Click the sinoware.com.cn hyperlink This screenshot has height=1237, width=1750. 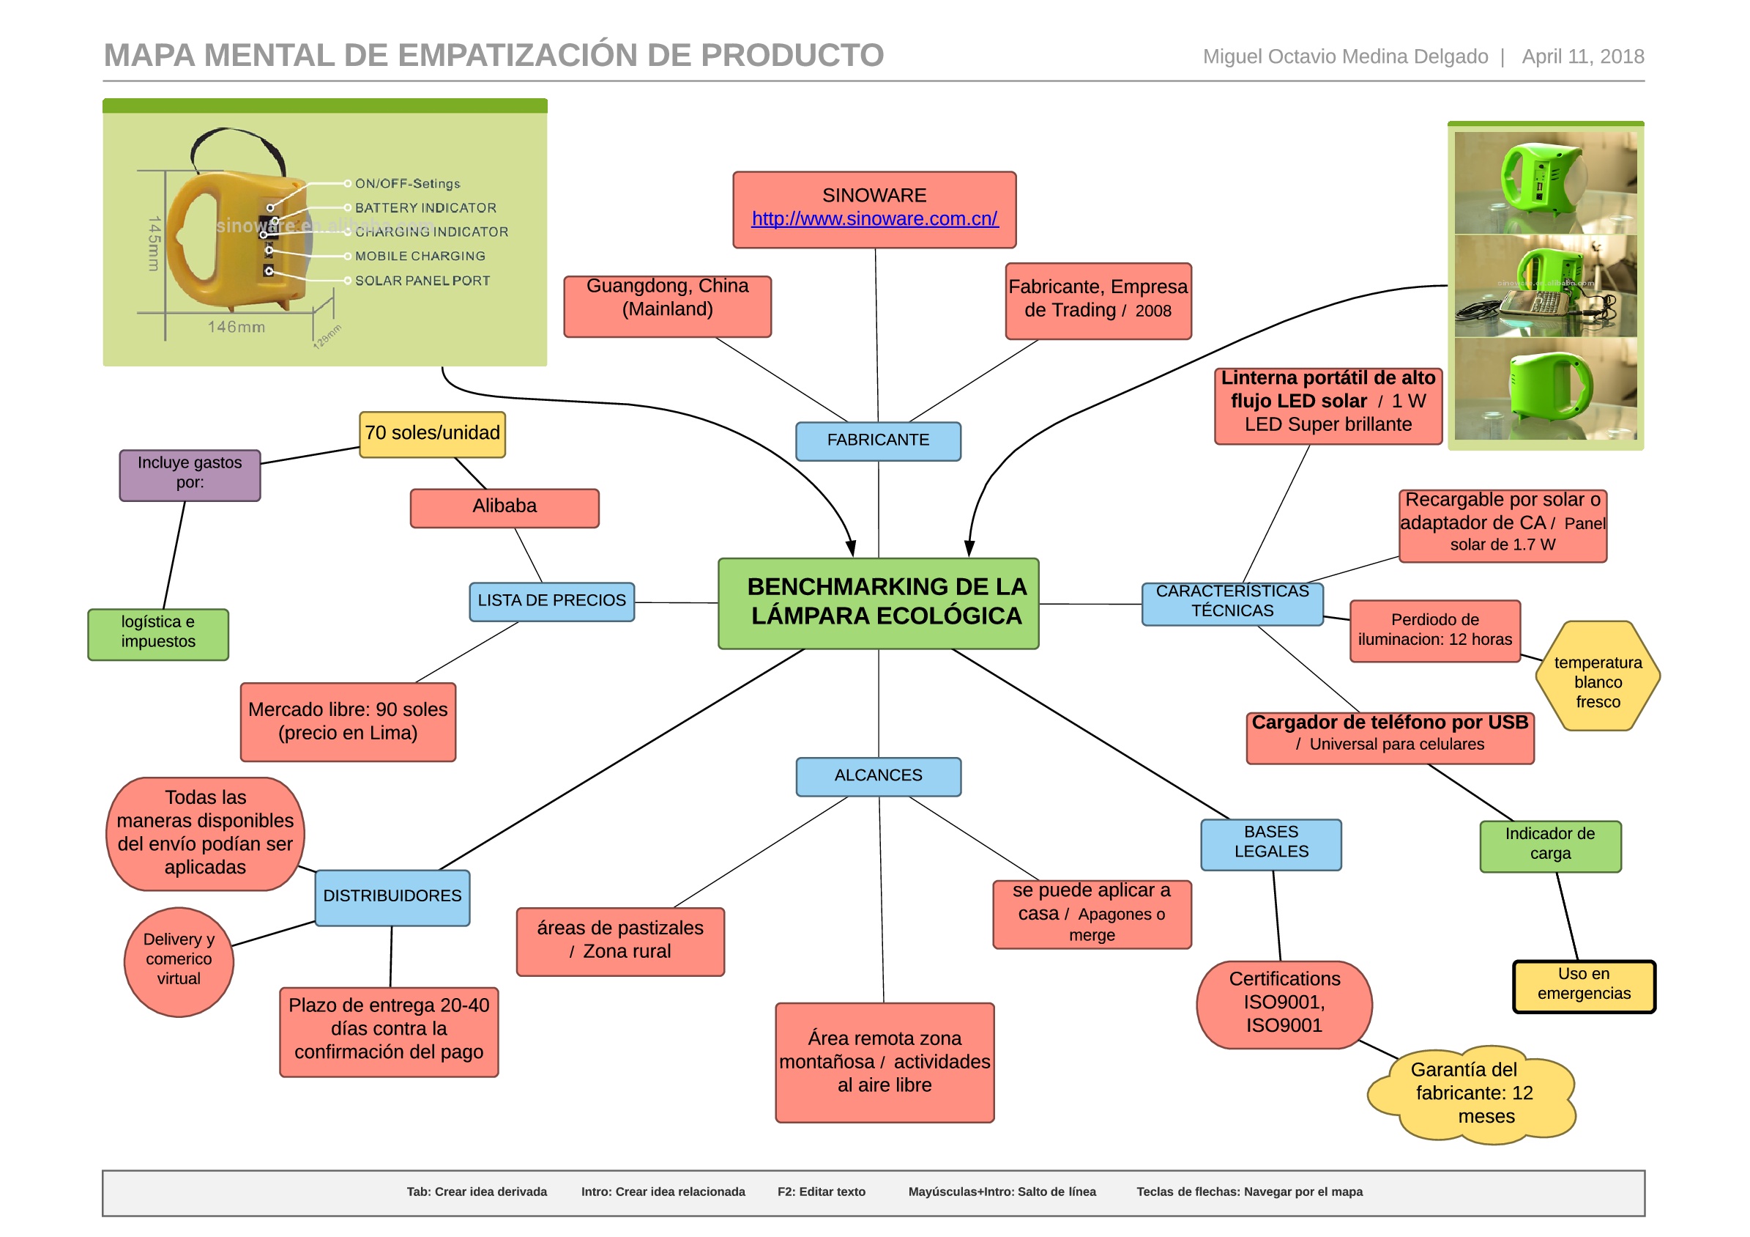tap(874, 219)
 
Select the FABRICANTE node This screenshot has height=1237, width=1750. tap(878, 441)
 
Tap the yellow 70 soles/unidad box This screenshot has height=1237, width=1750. tap(432, 434)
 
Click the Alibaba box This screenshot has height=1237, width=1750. tap(504, 507)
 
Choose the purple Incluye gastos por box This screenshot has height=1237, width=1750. tap(190, 474)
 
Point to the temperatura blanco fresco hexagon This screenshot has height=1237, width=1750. tap(1598, 676)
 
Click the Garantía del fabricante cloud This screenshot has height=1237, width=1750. tap(1472, 1093)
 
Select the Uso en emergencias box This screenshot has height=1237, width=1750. tap(1584, 986)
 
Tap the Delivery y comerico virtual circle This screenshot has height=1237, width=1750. tap(179, 961)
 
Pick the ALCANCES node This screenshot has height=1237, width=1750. tap(878, 776)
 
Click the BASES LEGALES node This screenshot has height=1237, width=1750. tap(1270, 843)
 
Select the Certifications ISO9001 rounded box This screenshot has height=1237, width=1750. tap(1284, 1005)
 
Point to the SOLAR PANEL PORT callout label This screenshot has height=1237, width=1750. tap(422, 281)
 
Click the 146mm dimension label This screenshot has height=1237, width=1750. tap(237, 327)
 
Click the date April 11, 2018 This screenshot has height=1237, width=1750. tap(1582, 56)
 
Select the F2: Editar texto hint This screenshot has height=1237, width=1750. tap(821, 1192)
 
